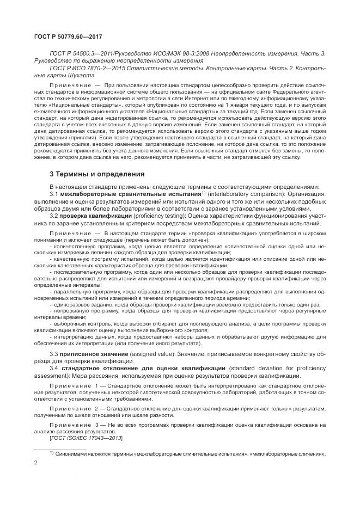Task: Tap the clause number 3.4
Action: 54,369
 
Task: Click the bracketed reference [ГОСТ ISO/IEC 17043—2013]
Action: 86,438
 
